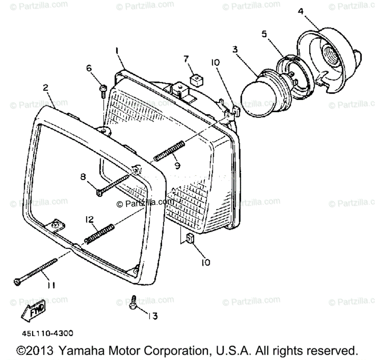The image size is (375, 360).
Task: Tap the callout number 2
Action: pos(46,88)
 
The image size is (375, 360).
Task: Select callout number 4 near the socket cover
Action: pos(300,12)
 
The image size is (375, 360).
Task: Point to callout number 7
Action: pos(186,58)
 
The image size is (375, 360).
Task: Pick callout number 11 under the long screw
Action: pos(51,285)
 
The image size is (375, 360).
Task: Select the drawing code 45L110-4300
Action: pos(47,333)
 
